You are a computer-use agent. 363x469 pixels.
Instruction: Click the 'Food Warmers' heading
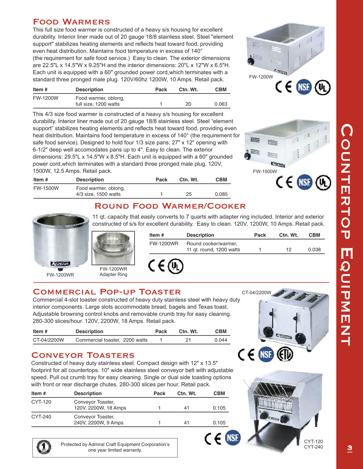(x=71, y=22)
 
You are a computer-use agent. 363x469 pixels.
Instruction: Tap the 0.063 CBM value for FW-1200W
(x=221, y=104)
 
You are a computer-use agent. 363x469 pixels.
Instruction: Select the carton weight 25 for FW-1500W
(x=188, y=194)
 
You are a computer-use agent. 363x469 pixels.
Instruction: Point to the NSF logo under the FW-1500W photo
(x=305, y=182)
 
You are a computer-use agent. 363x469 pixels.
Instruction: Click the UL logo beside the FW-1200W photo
(x=323, y=87)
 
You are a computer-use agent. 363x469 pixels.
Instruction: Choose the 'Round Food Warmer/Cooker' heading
(x=170, y=206)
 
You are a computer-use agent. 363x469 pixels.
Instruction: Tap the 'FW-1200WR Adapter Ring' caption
(x=113, y=272)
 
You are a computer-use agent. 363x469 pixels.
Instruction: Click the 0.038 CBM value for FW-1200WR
(x=314, y=250)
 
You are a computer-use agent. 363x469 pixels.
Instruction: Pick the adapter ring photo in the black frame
(x=113, y=248)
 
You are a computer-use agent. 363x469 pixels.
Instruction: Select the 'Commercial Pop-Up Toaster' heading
(x=107, y=292)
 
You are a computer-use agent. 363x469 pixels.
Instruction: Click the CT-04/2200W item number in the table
(x=48, y=340)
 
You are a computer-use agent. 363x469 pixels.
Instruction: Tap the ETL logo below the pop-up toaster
(x=285, y=354)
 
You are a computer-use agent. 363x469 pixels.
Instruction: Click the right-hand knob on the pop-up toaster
(x=300, y=338)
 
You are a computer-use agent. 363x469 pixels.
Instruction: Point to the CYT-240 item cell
(x=41, y=417)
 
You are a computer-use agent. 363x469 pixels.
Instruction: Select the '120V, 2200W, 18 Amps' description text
(x=100, y=408)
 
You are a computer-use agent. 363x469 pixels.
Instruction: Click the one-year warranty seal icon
(x=44, y=447)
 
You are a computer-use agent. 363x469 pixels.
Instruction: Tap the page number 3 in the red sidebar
(x=350, y=448)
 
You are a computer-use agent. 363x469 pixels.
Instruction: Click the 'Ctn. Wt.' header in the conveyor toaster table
(x=187, y=393)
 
